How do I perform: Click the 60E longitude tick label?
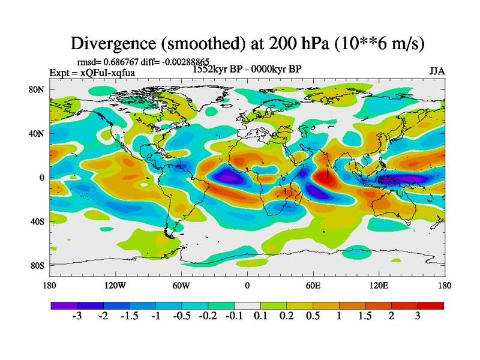pyautogui.click(x=313, y=285)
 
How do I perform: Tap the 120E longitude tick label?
pyautogui.click(x=379, y=285)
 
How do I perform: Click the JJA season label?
pyautogui.click(x=437, y=71)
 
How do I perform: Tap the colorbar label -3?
pyautogui.click(x=77, y=316)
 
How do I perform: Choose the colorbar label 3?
pyautogui.click(x=418, y=316)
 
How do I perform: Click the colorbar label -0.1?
pyautogui.click(x=234, y=316)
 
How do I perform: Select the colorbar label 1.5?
pyautogui.click(x=365, y=316)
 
